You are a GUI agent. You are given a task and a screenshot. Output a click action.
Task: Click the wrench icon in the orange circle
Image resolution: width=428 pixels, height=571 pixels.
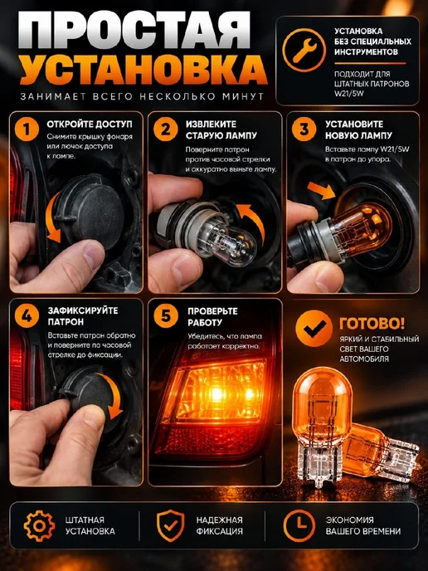pyautogui.click(x=304, y=51)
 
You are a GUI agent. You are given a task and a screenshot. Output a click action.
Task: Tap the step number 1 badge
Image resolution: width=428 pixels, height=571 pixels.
pyautogui.click(x=27, y=129)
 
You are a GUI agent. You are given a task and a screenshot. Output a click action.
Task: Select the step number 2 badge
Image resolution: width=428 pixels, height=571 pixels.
pyautogui.click(x=166, y=129)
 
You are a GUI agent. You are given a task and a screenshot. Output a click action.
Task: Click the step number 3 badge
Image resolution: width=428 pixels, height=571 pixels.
pyautogui.click(x=304, y=129)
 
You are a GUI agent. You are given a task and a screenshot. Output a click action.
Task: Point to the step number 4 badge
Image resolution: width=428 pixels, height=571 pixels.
pyautogui.click(x=27, y=315)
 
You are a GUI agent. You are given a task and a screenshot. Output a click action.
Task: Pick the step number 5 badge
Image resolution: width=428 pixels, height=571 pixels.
pyautogui.click(x=166, y=315)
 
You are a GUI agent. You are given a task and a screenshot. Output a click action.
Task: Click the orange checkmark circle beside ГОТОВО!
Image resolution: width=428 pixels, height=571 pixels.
pyautogui.click(x=314, y=329)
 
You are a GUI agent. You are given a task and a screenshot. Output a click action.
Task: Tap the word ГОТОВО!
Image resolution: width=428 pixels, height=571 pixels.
pyautogui.click(x=372, y=323)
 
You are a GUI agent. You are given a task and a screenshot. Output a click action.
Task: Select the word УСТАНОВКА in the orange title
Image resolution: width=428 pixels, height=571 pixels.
pyautogui.click(x=143, y=69)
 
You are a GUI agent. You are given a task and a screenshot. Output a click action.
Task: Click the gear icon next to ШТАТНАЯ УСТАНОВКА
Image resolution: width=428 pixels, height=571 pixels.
pyautogui.click(x=39, y=525)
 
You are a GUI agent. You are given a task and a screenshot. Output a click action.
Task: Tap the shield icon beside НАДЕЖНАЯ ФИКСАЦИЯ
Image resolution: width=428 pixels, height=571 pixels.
pyautogui.click(x=170, y=525)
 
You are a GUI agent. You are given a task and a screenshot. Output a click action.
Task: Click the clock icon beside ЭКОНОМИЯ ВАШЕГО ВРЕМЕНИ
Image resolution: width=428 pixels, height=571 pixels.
pyautogui.click(x=299, y=525)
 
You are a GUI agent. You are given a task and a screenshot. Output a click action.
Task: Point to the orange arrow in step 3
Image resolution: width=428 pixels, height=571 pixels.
pyautogui.click(x=321, y=190)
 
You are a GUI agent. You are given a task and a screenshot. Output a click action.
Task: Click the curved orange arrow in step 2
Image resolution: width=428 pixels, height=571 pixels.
pyautogui.click(x=253, y=220)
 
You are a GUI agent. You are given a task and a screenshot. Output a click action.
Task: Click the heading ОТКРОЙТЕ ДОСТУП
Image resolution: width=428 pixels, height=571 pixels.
pyautogui.click(x=90, y=124)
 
